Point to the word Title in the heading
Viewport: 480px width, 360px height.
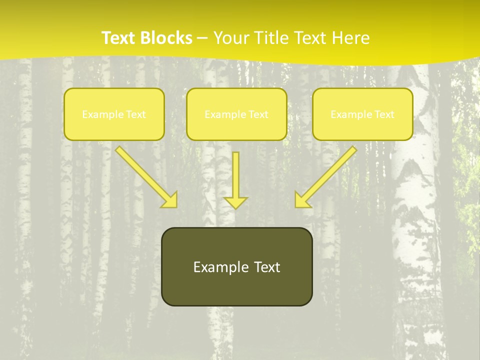pyautogui.click(x=273, y=38)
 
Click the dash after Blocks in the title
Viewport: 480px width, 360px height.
pyautogui.click(x=202, y=38)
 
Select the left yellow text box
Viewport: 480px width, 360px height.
pyautogui.click(x=114, y=114)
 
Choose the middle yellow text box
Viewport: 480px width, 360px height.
pyautogui.click(x=236, y=114)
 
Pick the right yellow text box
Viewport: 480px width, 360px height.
pyautogui.click(x=362, y=114)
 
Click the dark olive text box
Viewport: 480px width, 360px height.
pyautogui.click(x=236, y=266)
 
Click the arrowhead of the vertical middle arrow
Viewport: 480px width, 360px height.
pyautogui.click(x=236, y=202)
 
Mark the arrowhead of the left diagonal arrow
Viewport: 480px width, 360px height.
pyautogui.click(x=170, y=200)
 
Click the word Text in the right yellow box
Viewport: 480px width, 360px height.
pyautogui.click(x=384, y=114)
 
